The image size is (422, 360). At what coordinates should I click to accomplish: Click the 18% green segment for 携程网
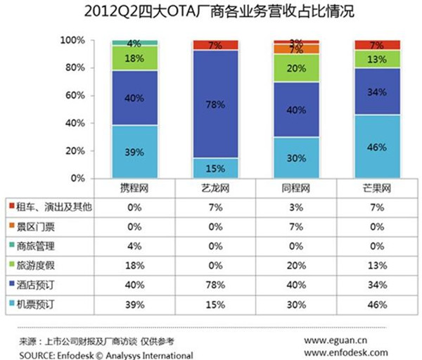[134, 58]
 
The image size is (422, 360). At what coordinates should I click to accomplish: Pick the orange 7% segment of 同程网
[297, 50]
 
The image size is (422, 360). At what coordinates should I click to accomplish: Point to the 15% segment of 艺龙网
[215, 168]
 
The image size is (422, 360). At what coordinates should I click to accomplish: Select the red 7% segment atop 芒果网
[378, 45]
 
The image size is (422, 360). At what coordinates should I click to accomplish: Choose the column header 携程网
[134, 191]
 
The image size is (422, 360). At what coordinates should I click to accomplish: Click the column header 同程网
[296, 191]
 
